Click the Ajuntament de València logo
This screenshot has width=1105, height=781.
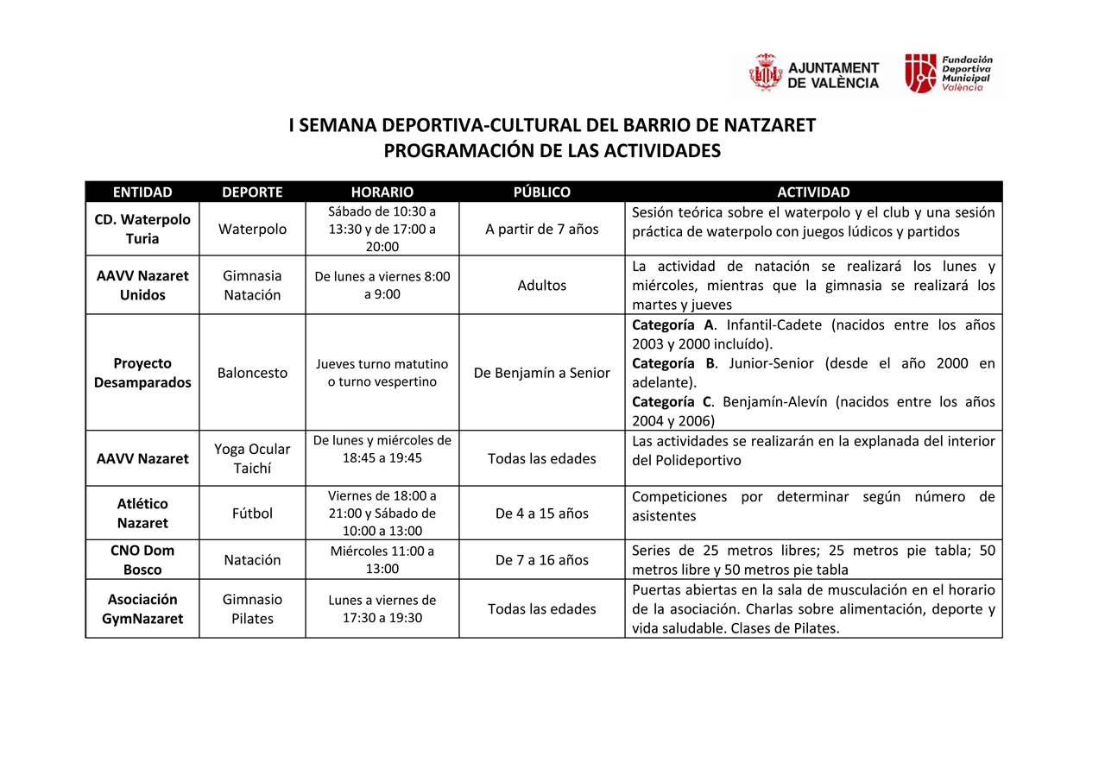pyautogui.click(x=814, y=74)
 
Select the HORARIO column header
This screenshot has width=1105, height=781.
pyautogui.click(x=382, y=192)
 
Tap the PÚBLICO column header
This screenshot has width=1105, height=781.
pyautogui.click(x=541, y=192)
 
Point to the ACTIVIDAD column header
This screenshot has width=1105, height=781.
pyautogui.click(x=813, y=192)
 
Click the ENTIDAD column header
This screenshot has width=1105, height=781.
pyautogui.click(x=142, y=192)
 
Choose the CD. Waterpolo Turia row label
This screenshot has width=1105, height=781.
pyautogui.click(x=142, y=229)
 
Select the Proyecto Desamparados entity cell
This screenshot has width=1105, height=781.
pyautogui.click(x=142, y=373)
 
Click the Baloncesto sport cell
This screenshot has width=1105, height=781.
pyautogui.click(x=252, y=373)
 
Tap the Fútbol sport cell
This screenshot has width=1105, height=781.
pyautogui.click(x=252, y=513)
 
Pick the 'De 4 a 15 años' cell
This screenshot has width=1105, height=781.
pyautogui.click(x=541, y=513)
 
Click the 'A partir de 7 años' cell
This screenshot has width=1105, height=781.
pyautogui.click(x=541, y=229)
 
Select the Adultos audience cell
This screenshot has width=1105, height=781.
pyautogui.click(x=541, y=285)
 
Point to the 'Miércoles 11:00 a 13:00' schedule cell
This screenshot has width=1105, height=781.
pyautogui.click(x=382, y=559)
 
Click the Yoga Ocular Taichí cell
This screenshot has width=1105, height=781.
pyautogui.click(x=252, y=458)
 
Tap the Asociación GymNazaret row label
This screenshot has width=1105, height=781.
pyautogui.click(x=142, y=608)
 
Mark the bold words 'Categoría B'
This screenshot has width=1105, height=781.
pyautogui.click(x=675, y=363)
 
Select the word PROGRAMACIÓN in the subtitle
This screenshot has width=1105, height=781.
pyautogui.click(x=444, y=151)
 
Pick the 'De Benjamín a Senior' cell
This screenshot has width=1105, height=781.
pyautogui.click(x=541, y=373)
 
